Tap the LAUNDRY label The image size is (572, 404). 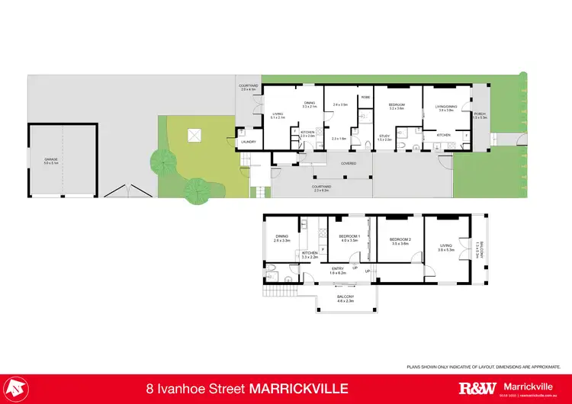click(x=247, y=142)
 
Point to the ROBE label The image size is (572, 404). click(x=365, y=98)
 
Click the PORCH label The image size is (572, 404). click(x=480, y=114)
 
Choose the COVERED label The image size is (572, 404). click(x=327, y=162)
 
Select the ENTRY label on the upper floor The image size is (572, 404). click(x=337, y=268)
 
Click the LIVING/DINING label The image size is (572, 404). click(x=446, y=107)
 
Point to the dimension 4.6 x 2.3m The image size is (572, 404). click(x=346, y=301)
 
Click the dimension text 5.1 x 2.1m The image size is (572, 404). click(x=278, y=117)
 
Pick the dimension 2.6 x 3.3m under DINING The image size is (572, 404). click(x=282, y=240)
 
